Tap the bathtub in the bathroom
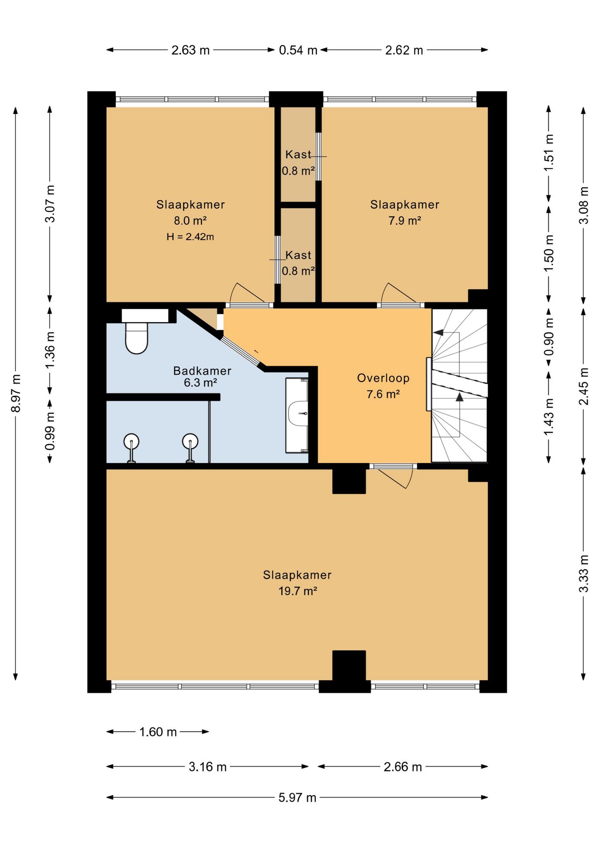[297, 415]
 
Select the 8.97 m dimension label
[16, 393]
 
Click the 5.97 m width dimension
[297, 797]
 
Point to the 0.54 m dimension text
[298, 50]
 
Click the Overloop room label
[383, 378]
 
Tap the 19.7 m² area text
[298, 591]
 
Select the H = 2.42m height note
[190, 236]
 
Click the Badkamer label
[202, 371]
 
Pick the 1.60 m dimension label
[158, 732]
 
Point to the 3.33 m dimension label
[584, 573]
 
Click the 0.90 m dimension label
[549, 337]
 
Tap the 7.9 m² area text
[404, 220]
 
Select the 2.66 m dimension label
[403, 767]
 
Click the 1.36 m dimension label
[50, 350]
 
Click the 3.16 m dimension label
[208, 767]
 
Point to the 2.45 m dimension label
[584, 386]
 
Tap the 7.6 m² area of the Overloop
[383, 394]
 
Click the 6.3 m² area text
[200, 382]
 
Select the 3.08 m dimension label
[584, 205]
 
